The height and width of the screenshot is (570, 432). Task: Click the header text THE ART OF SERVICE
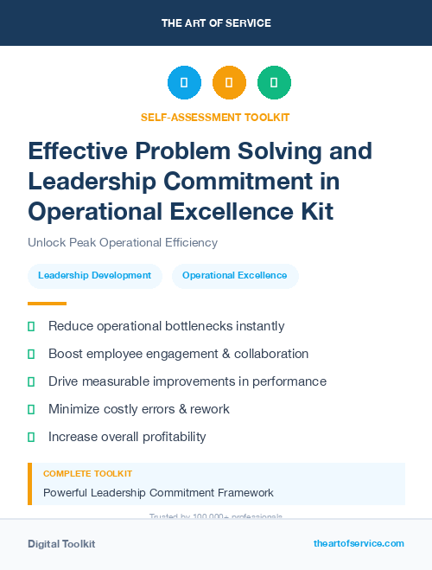point(216,23)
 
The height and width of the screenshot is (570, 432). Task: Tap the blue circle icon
point(184,83)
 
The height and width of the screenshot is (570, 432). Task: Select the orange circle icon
point(229,83)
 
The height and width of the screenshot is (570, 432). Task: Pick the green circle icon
point(274,83)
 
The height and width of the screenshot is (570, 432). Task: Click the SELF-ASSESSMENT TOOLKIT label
point(215,117)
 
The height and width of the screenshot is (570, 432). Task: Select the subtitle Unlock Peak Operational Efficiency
point(123,242)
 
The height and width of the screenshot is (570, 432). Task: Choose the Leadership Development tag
point(95,276)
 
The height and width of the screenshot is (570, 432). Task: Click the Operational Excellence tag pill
point(235,276)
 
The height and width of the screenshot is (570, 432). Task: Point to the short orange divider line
point(47,304)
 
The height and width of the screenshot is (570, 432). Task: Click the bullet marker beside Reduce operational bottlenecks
point(31,326)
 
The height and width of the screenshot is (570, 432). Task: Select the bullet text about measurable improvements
point(187,381)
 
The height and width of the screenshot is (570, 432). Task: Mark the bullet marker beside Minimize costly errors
point(31,409)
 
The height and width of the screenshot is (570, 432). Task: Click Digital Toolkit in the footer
point(61,543)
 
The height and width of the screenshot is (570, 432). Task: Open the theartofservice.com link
point(359,543)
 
